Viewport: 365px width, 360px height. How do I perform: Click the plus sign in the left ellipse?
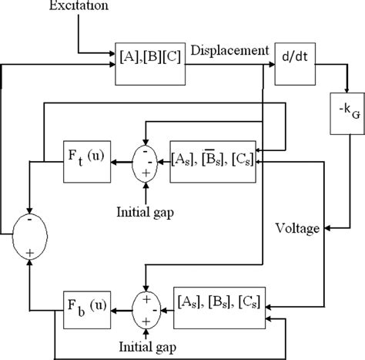click(x=29, y=253)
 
